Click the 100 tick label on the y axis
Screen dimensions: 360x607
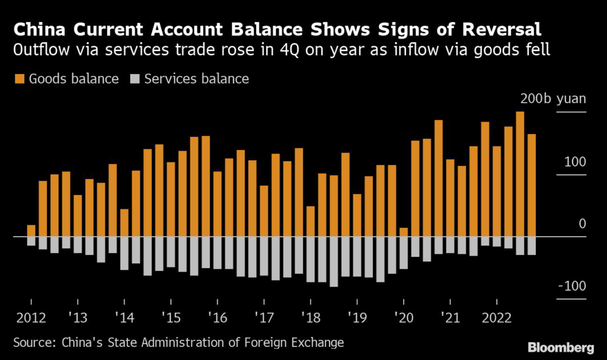[574, 162]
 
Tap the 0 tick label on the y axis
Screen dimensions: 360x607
[582, 224]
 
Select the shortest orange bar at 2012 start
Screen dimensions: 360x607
[31, 231]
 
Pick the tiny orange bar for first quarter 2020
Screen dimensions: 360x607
[404, 232]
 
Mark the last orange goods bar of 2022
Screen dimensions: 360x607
[532, 185]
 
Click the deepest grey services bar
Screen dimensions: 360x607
[334, 262]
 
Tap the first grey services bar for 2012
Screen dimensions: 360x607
[31, 241]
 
